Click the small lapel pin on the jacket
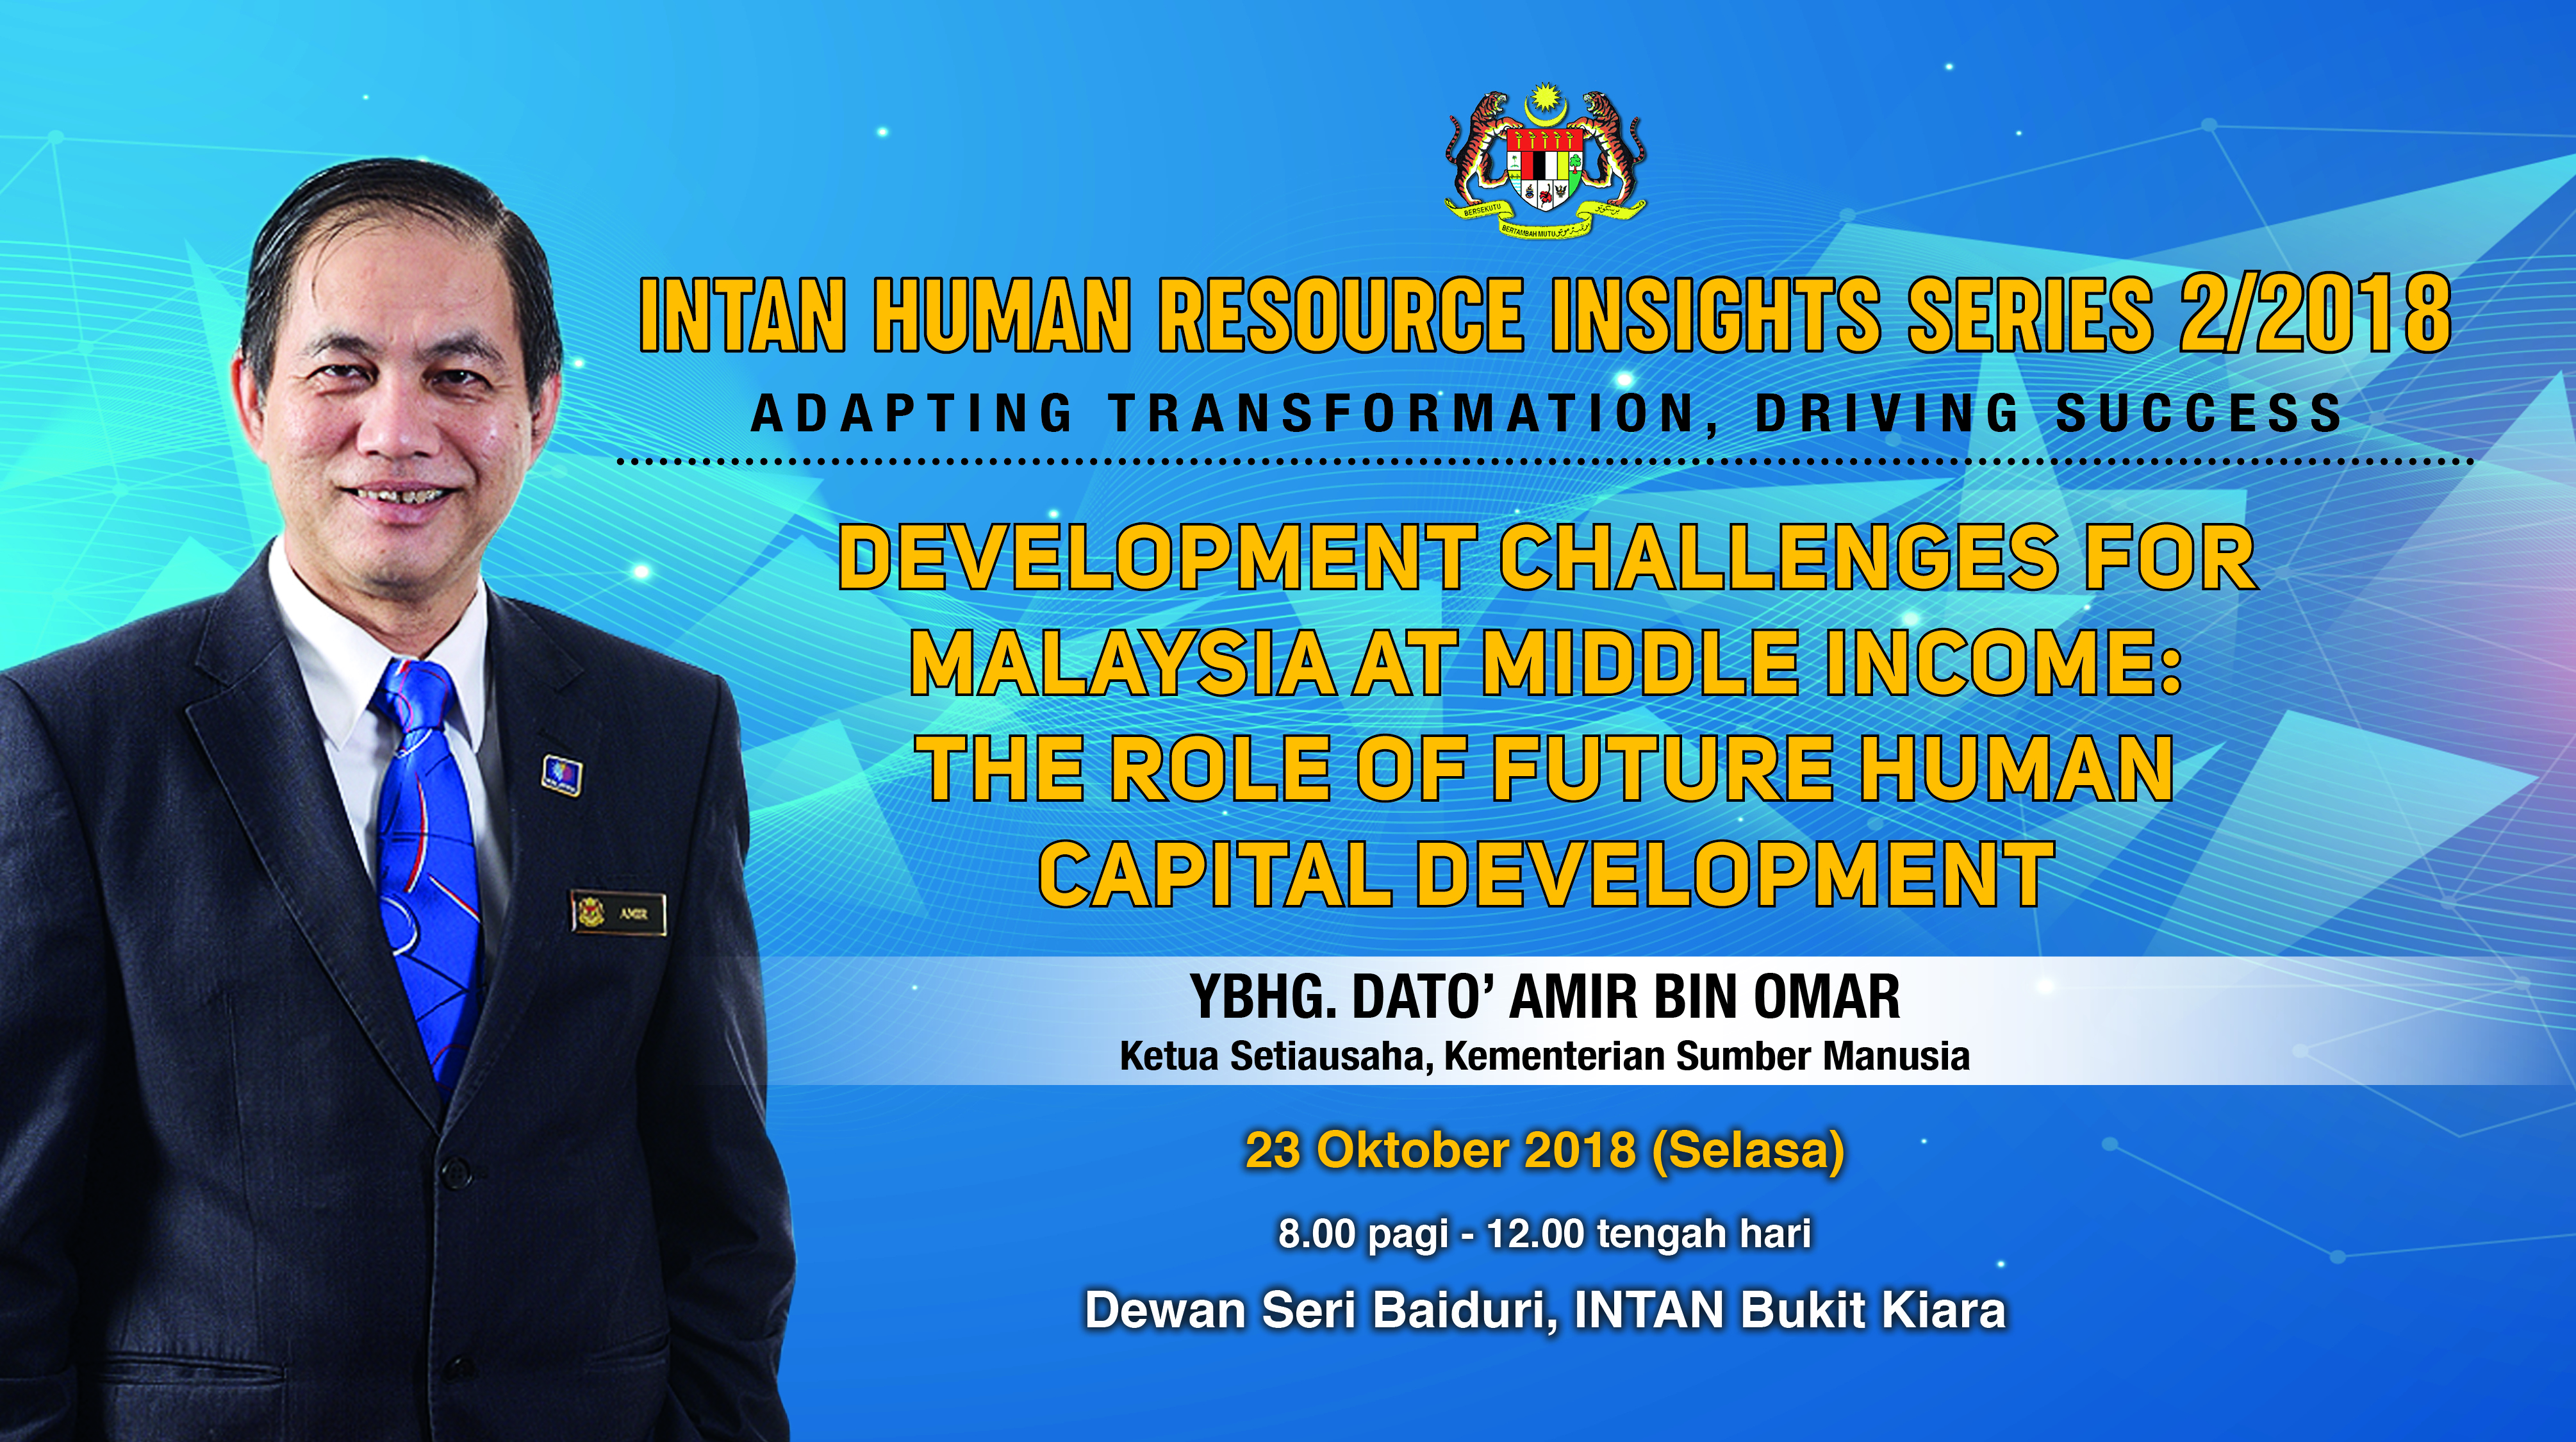point(561,775)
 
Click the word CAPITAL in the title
point(1215,874)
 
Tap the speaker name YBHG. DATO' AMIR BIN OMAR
point(1545,997)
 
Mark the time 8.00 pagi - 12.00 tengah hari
point(1545,1234)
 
